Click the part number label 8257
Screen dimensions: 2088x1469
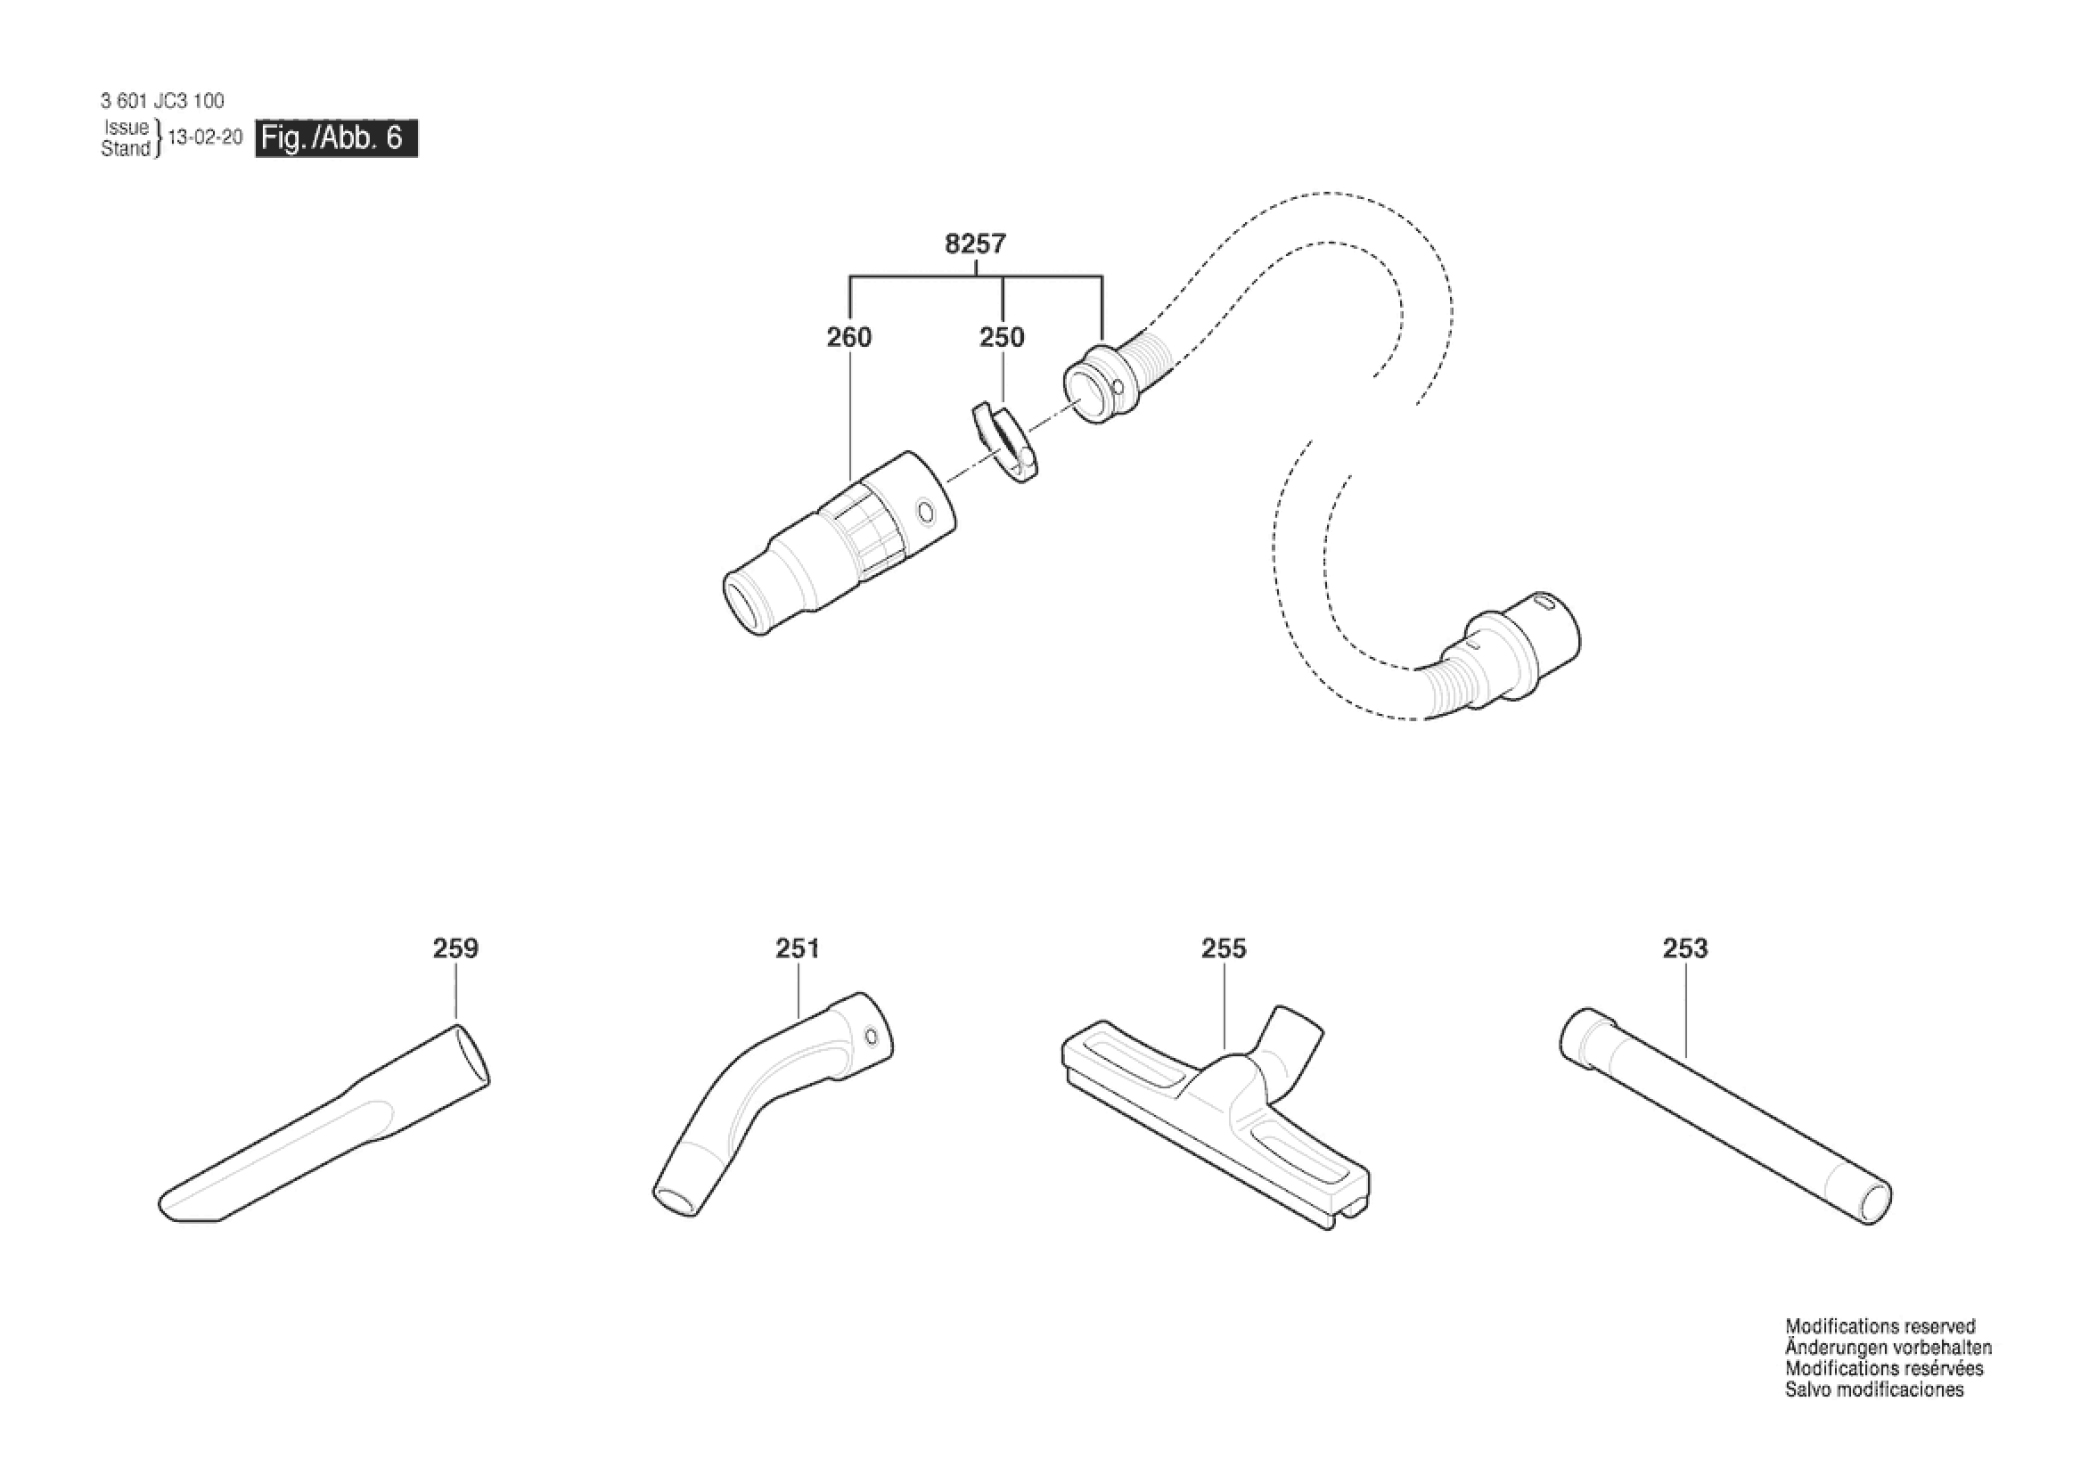coord(975,244)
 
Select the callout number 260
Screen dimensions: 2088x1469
coord(849,337)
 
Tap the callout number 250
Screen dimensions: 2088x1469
coord(1002,337)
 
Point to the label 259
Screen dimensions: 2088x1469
coord(456,948)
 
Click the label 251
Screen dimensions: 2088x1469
coord(798,948)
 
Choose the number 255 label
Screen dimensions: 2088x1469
coord(1224,948)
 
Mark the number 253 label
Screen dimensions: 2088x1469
coord(1686,948)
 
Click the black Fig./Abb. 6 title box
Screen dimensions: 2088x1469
coord(336,138)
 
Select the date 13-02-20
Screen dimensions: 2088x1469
coord(205,137)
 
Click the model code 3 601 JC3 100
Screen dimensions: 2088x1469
coord(162,101)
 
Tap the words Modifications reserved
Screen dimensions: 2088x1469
coord(1880,1327)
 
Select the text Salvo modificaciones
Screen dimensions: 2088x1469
coord(1874,1390)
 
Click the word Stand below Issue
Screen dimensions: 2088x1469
coord(125,149)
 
